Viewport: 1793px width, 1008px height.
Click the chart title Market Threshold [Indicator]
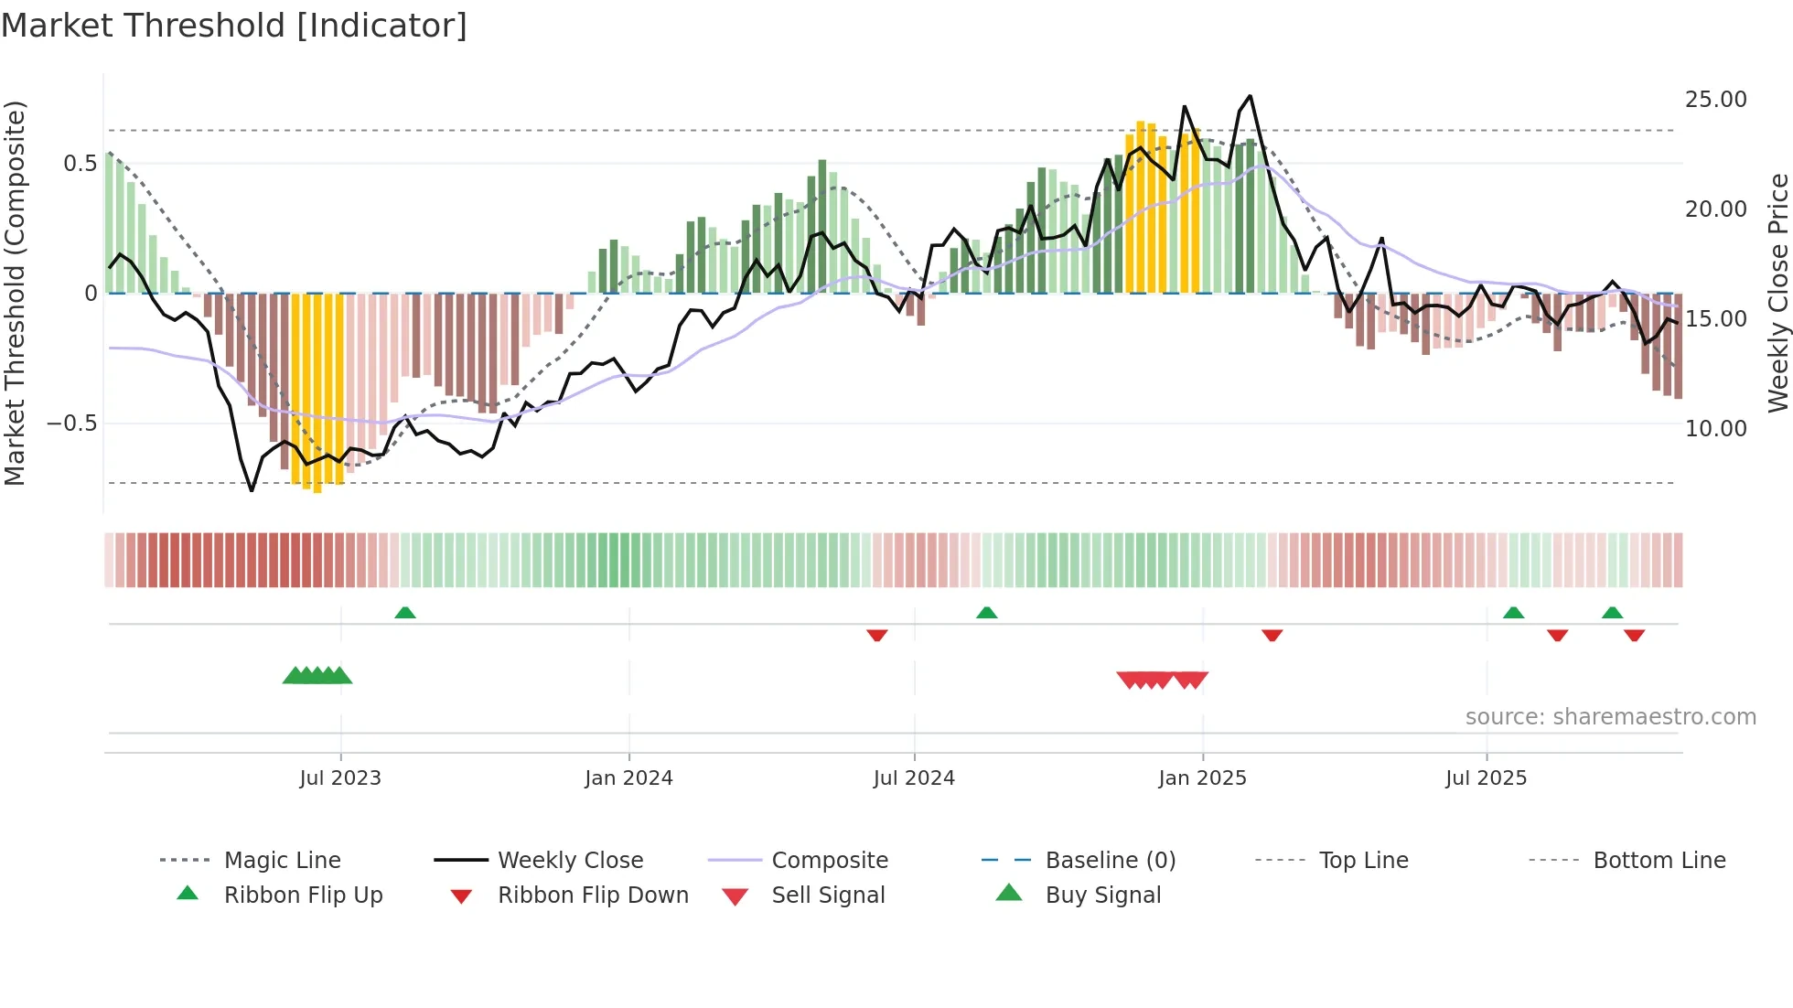pyautogui.click(x=234, y=26)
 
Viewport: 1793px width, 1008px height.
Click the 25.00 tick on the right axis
pyautogui.click(x=1715, y=100)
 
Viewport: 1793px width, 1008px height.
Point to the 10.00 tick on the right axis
pyautogui.click(x=1715, y=429)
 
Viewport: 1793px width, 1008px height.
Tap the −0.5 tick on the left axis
pyautogui.click(x=71, y=424)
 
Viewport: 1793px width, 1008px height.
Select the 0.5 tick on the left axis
pyautogui.click(x=80, y=164)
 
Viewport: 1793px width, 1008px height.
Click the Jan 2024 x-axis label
pyautogui.click(x=628, y=778)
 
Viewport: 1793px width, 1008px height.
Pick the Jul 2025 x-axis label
pyautogui.click(x=1486, y=778)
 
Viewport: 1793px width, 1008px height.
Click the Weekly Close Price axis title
pyautogui.click(x=1777, y=293)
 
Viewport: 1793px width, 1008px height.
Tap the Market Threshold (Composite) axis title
pyautogui.click(x=15, y=293)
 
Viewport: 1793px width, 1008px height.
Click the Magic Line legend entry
pyautogui.click(x=282, y=861)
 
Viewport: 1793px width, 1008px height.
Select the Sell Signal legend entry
pyautogui.click(x=828, y=895)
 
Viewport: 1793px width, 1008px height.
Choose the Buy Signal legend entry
pyautogui.click(x=1102, y=895)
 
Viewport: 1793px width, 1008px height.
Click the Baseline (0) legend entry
pyautogui.click(x=1110, y=861)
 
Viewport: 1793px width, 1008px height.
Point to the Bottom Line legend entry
pyautogui.click(x=1659, y=861)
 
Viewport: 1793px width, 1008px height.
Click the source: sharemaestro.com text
pyautogui.click(x=1610, y=717)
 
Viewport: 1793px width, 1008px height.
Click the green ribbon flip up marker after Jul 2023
pyautogui.click(x=405, y=613)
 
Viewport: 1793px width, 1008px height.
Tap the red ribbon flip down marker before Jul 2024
pyautogui.click(x=876, y=635)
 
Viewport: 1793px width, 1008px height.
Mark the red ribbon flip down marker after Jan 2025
pyautogui.click(x=1272, y=635)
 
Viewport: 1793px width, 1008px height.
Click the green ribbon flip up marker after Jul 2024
pyautogui.click(x=986, y=613)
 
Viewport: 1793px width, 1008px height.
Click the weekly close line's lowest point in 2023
pyautogui.click(x=252, y=491)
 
